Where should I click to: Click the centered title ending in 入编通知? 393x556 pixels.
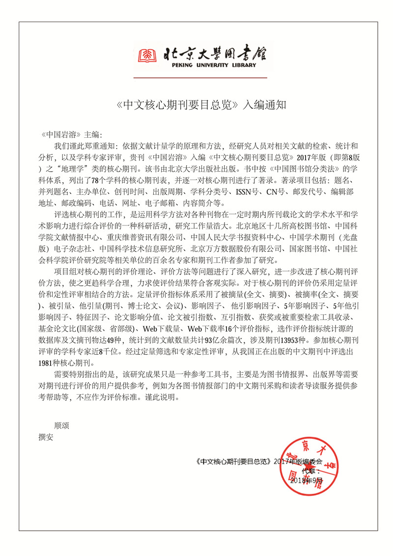(x=202, y=105)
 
